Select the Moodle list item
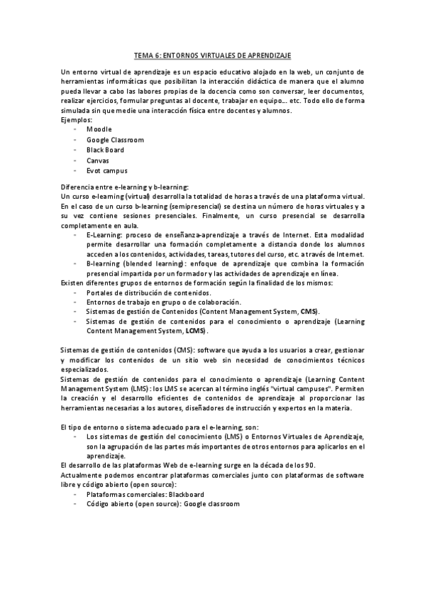99,130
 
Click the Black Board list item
105,150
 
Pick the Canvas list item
98,160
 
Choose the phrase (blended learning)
152,263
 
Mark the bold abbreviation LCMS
195,331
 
